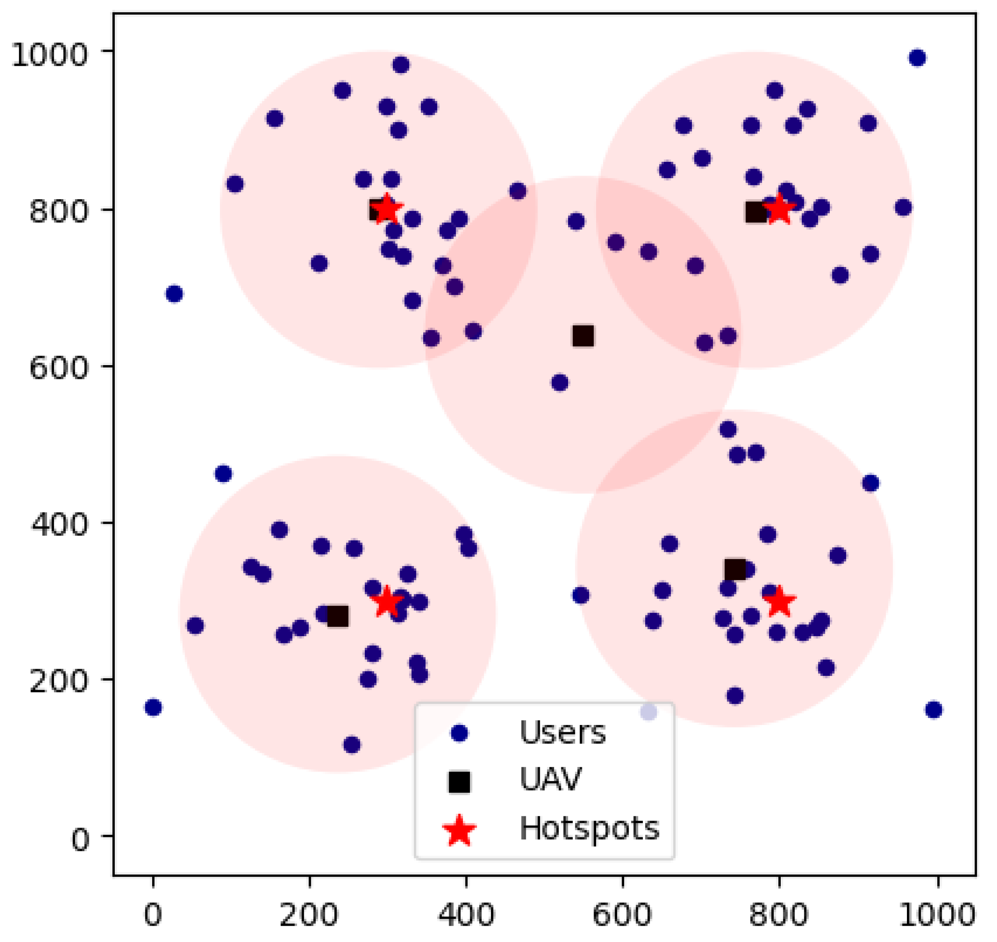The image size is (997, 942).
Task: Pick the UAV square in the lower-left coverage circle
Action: click(x=338, y=616)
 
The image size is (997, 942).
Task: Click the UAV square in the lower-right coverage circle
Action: click(x=735, y=570)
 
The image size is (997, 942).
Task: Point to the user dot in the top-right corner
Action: click(x=917, y=58)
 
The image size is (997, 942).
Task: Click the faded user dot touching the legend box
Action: click(x=648, y=712)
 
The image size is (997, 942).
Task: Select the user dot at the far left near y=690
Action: click(x=174, y=294)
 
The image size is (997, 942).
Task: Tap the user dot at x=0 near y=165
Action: click(x=153, y=708)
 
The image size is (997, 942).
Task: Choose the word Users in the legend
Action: click(x=562, y=733)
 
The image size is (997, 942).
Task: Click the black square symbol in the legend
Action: click(x=459, y=782)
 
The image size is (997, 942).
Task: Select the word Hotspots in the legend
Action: click(x=589, y=828)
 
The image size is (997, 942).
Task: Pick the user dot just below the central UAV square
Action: click(x=560, y=383)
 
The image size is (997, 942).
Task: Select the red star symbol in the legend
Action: click(x=459, y=830)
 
